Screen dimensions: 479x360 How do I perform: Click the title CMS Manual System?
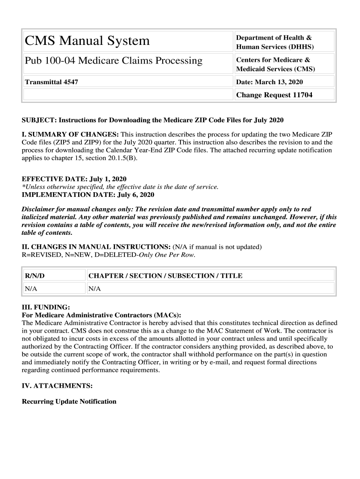pyautogui.click(x=87, y=41)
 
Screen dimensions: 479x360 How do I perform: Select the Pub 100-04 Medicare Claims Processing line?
pyautogui.click(x=114, y=61)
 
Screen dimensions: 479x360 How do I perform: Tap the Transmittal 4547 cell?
pyautogui.click(x=51, y=82)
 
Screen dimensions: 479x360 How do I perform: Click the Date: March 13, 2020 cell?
pyautogui.click(x=269, y=82)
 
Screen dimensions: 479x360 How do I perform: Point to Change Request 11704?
pyautogui.click(x=274, y=95)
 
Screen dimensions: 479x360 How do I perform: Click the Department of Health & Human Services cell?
pyautogui.click(x=274, y=42)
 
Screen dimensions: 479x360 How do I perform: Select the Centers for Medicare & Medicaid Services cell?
pyautogui.click(x=275, y=65)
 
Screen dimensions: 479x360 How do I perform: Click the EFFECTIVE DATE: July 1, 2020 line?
pyautogui.click(x=74, y=179)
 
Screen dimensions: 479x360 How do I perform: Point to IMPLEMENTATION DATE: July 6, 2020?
pyautogui.click(x=88, y=195)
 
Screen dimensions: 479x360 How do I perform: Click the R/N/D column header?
pyautogui.click(x=35, y=276)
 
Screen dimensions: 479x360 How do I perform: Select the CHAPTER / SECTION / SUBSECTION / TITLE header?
pyautogui.click(x=166, y=276)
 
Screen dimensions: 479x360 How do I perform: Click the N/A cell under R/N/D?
pyautogui.click(x=31, y=289)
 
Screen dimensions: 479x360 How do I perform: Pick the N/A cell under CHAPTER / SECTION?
pyautogui.click(x=95, y=289)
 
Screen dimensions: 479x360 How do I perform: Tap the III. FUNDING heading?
pyautogui.click(x=46, y=307)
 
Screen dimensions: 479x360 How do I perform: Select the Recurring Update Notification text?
pyautogui.click(x=69, y=401)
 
